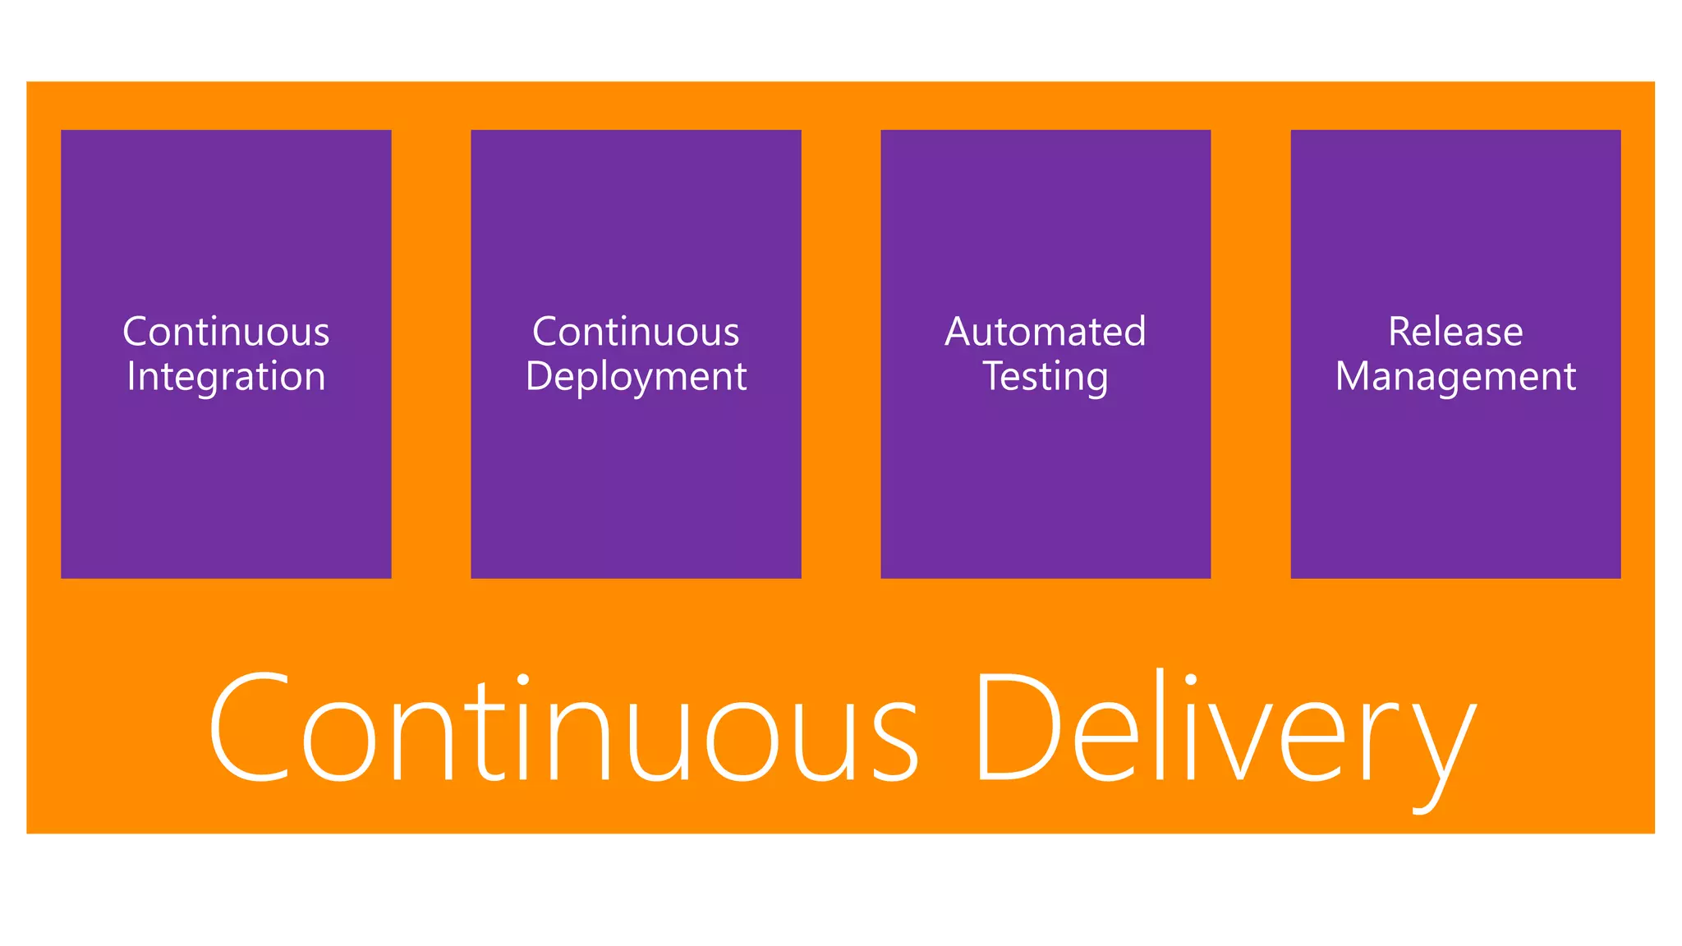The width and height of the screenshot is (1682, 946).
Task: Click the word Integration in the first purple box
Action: [x=226, y=377]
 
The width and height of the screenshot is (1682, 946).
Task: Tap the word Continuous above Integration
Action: [x=226, y=332]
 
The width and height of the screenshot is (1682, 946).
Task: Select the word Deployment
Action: [x=636, y=377]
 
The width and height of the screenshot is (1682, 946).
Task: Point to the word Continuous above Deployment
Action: [x=636, y=332]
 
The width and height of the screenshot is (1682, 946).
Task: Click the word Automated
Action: [x=1045, y=332]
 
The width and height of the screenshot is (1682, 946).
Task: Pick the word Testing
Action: [x=1045, y=377]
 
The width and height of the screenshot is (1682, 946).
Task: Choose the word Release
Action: [x=1455, y=332]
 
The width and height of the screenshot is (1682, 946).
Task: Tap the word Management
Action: [x=1455, y=377]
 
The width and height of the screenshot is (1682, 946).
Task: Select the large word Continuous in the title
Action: [x=563, y=727]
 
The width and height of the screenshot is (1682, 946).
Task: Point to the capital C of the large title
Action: [x=250, y=727]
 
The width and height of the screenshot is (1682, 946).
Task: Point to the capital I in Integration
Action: [x=131, y=376]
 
